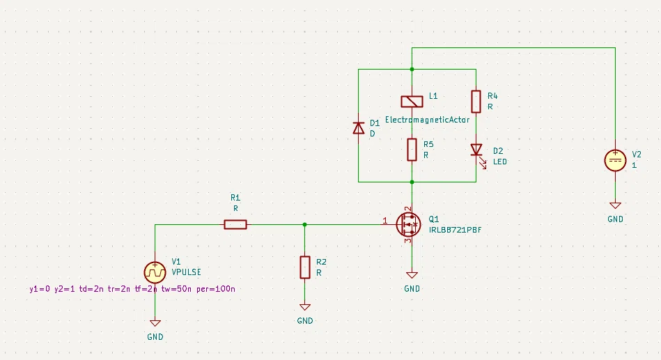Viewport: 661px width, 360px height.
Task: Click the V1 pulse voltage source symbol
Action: tap(155, 272)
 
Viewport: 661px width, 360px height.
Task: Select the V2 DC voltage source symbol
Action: tap(615, 161)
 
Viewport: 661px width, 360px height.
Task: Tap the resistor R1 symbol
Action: tap(235, 225)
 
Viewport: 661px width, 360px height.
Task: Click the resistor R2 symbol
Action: tap(305, 267)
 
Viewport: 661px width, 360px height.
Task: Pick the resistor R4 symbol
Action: tap(476, 102)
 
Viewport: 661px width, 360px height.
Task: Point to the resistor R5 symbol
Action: tap(412, 150)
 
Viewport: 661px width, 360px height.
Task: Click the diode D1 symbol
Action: tap(358, 128)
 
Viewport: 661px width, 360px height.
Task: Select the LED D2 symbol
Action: tap(478, 152)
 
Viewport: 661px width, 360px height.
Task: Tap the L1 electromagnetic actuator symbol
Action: tap(412, 102)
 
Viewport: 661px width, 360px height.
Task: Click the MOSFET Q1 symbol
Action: tap(408, 225)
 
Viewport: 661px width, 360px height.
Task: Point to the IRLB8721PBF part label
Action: tap(455, 230)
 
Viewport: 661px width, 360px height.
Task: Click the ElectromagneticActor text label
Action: tap(427, 120)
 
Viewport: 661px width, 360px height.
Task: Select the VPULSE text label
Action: tap(186, 272)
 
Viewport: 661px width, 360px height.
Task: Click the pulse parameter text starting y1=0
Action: tap(132, 289)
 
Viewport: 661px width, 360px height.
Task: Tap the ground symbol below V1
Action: tap(155, 323)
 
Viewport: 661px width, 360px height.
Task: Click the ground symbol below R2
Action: tap(305, 307)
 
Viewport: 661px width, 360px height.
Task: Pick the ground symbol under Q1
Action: tap(412, 275)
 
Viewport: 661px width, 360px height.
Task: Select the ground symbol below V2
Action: tap(615, 205)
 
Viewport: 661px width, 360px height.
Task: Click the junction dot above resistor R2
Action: tap(305, 225)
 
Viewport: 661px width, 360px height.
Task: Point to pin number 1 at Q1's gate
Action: tap(385, 221)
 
